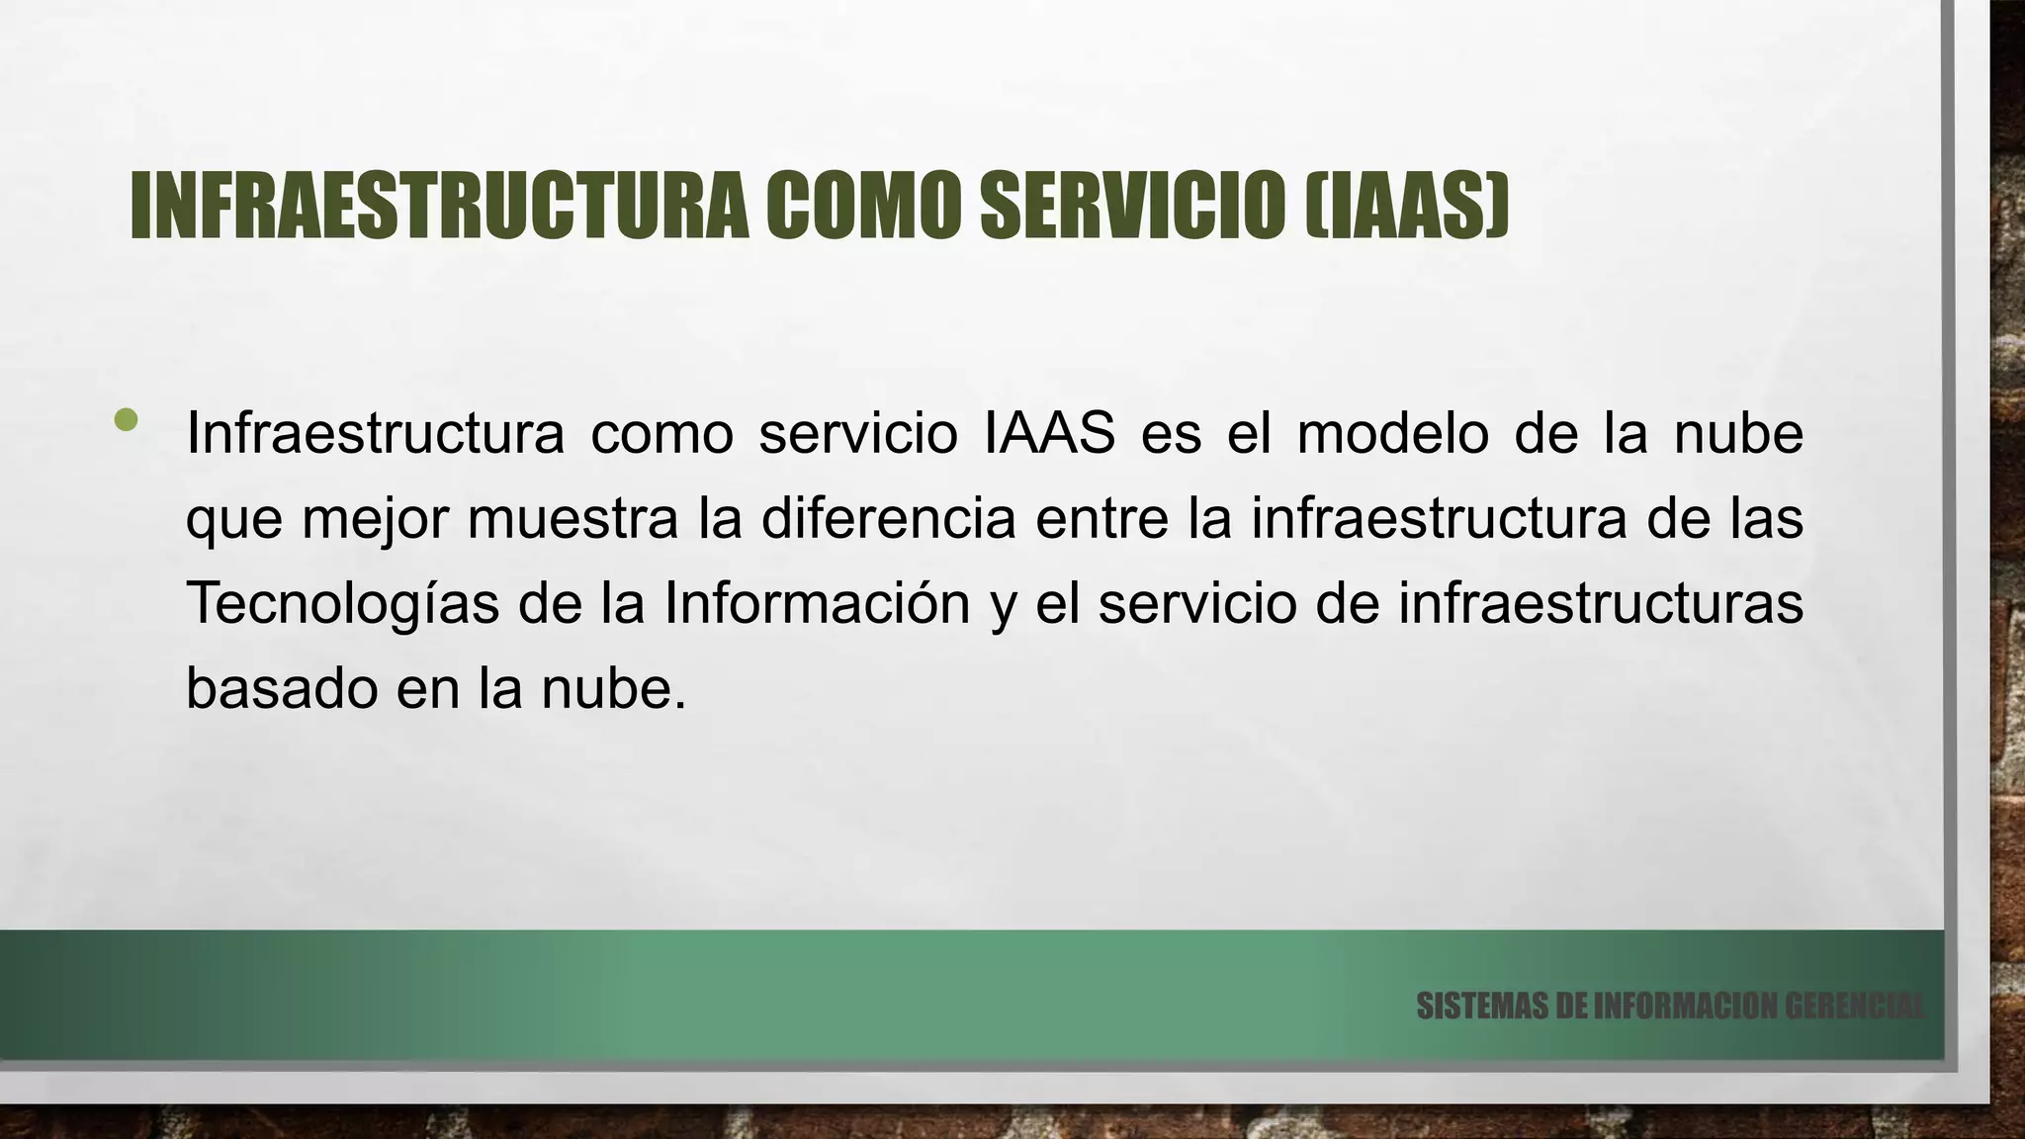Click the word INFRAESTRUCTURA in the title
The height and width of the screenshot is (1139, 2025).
[x=440, y=208]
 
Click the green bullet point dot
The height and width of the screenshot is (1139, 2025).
[x=126, y=420]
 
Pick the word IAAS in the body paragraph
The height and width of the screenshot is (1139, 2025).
[x=1050, y=433]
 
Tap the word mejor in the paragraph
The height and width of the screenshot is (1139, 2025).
[x=375, y=518]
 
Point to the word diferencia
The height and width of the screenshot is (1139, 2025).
[x=888, y=518]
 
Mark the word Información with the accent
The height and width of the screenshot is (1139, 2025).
[x=817, y=603]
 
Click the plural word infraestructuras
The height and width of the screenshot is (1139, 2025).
[x=1601, y=603]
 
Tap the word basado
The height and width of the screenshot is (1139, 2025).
[x=283, y=688]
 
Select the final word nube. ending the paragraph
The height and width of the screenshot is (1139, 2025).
[x=613, y=688]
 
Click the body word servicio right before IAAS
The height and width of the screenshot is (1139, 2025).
[x=858, y=433]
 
